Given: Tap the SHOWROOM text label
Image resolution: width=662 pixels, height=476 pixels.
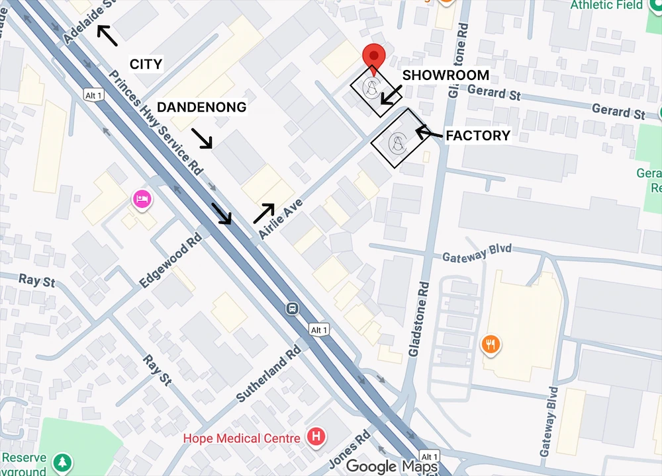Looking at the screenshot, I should click(x=446, y=75).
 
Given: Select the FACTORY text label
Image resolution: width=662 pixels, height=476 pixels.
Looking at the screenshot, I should click(x=477, y=136).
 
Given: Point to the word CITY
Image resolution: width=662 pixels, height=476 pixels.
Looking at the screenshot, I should click(x=146, y=64).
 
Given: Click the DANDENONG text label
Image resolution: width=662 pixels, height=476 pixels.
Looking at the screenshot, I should click(x=201, y=107).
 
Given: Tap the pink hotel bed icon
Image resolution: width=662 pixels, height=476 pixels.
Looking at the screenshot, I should click(x=142, y=198).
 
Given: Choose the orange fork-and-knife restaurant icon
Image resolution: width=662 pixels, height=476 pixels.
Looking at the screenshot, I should click(x=491, y=344).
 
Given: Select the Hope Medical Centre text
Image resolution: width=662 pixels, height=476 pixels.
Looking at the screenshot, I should click(x=242, y=438).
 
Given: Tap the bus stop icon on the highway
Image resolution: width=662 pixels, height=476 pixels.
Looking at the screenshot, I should click(x=291, y=308).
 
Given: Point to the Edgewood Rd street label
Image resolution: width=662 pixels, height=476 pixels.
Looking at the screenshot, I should click(x=170, y=258).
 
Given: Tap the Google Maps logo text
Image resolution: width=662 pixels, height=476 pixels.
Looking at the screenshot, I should click(x=391, y=466).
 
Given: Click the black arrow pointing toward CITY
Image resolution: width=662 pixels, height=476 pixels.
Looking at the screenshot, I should click(x=107, y=35).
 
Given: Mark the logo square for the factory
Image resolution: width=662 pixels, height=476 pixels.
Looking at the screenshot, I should click(x=397, y=138).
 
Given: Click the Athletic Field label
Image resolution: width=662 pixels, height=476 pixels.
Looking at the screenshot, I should click(x=606, y=5).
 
